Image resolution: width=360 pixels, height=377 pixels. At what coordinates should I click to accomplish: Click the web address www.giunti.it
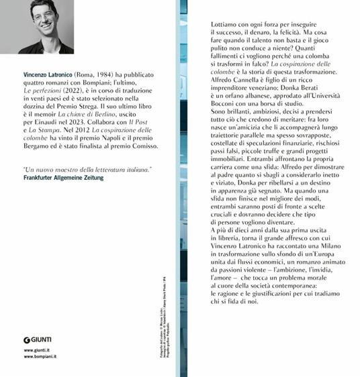[x=36, y=358]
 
